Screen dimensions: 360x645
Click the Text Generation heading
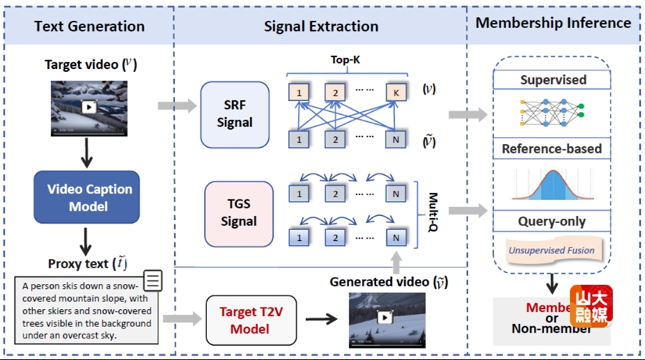click(90, 27)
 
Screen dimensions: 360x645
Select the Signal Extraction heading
click(321, 27)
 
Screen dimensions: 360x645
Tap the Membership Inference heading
click(553, 23)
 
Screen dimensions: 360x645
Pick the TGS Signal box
click(235, 213)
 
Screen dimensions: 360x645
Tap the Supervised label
click(553, 80)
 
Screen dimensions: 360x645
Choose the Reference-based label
click(552, 149)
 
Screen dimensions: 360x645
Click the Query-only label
click(552, 222)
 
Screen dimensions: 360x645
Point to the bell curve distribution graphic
click(552, 184)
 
